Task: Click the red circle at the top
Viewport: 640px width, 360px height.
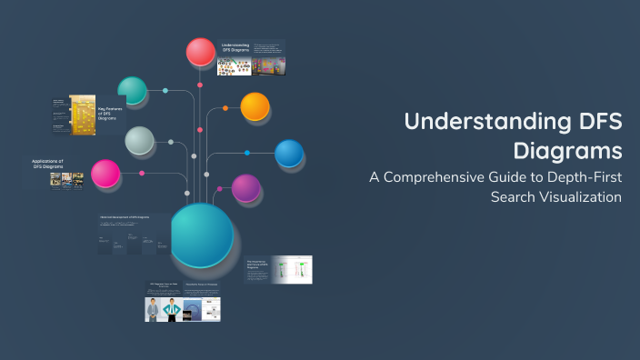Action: point(201,52)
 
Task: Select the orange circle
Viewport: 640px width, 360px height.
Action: point(255,106)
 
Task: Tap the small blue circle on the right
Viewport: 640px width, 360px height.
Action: point(289,154)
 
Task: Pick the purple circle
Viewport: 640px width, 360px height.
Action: point(246,188)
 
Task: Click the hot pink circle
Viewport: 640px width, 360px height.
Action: point(105,174)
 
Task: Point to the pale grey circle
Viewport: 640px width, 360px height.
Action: point(139,141)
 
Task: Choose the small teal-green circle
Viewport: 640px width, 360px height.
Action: point(133,90)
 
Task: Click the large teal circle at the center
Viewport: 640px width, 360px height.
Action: point(202,235)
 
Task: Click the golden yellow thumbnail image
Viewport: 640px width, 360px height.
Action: point(83,116)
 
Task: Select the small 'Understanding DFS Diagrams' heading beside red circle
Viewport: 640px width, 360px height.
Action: point(235,48)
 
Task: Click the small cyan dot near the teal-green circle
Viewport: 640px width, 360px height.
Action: point(165,91)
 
